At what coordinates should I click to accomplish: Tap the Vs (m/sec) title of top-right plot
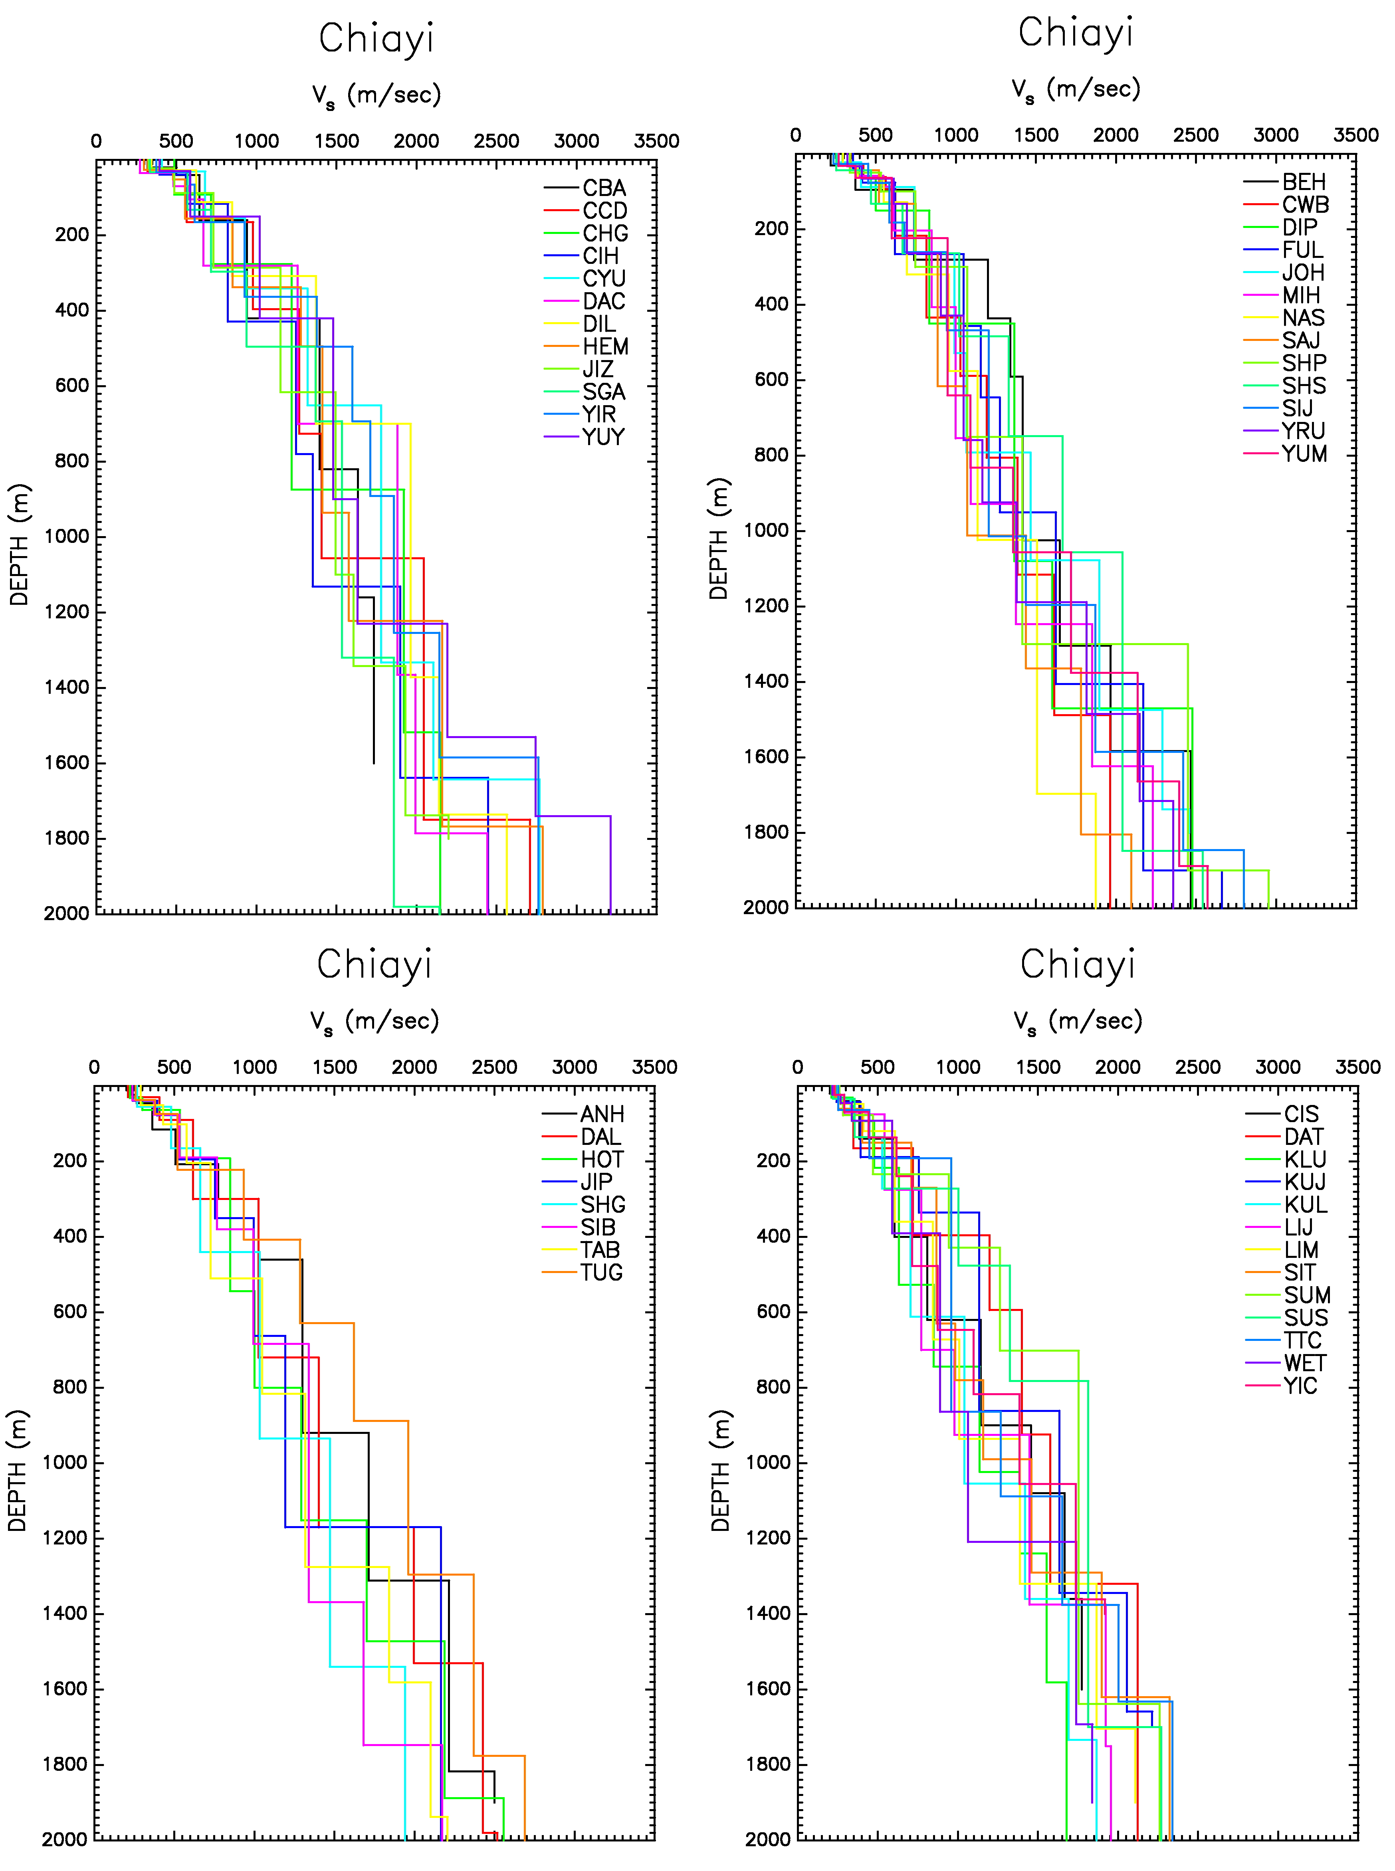[1077, 89]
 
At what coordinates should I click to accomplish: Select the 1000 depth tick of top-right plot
[766, 530]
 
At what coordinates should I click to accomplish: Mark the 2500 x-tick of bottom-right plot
[1198, 1067]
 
